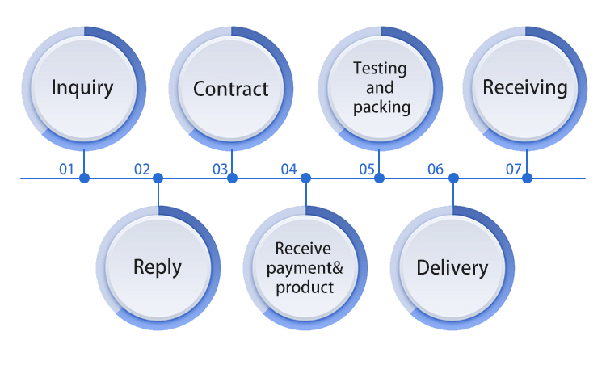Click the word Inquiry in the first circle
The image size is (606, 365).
click(82, 87)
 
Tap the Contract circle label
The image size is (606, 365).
click(231, 88)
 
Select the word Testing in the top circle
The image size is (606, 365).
click(380, 69)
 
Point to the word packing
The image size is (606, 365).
click(381, 106)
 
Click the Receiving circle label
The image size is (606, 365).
click(525, 87)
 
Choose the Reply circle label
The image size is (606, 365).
click(158, 266)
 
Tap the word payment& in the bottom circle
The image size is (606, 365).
click(305, 267)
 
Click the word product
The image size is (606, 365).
click(305, 287)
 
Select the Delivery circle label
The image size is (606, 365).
click(452, 267)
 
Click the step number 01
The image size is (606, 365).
click(66, 170)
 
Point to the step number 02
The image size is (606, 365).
click(142, 170)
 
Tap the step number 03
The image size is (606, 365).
click(221, 170)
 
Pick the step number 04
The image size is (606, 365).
click(289, 170)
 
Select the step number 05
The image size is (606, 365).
click(368, 170)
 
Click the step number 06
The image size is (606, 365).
click(436, 170)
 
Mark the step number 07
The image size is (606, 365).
click(514, 170)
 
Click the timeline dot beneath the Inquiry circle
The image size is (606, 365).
click(84, 178)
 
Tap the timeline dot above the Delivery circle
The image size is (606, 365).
click(453, 178)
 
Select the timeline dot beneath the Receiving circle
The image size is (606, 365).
click(527, 178)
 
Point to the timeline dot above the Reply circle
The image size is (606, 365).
click(158, 178)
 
